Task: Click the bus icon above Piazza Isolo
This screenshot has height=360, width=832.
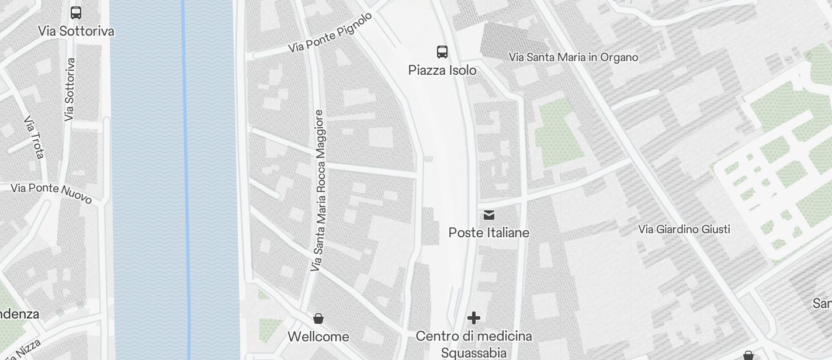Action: [x=442, y=52]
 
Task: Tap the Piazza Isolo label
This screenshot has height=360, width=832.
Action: [x=442, y=71]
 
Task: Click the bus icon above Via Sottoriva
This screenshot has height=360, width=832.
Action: [x=76, y=13]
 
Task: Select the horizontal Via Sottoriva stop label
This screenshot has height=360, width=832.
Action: [x=76, y=31]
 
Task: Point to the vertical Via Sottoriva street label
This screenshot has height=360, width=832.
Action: [x=70, y=89]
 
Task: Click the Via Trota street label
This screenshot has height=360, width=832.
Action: [x=34, y=137]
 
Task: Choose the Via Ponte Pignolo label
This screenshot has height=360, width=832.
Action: [x=330, y=33]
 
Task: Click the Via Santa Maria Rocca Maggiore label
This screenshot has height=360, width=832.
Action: [x=318, y=191]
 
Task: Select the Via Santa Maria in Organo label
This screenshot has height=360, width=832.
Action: [x=573, y=57]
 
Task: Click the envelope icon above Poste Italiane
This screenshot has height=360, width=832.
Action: [x=489, y=216]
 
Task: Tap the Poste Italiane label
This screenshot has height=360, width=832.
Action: [x=489, y=233]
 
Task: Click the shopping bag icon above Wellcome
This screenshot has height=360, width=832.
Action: [x=318, y=319]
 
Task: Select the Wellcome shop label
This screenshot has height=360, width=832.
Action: [x=318, y=337]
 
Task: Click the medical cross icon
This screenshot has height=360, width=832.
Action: [x=474, y=318]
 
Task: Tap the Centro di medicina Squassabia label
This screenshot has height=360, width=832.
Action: [x=474, y=344]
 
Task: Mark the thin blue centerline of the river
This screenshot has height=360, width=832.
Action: [x=186, y=175]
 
